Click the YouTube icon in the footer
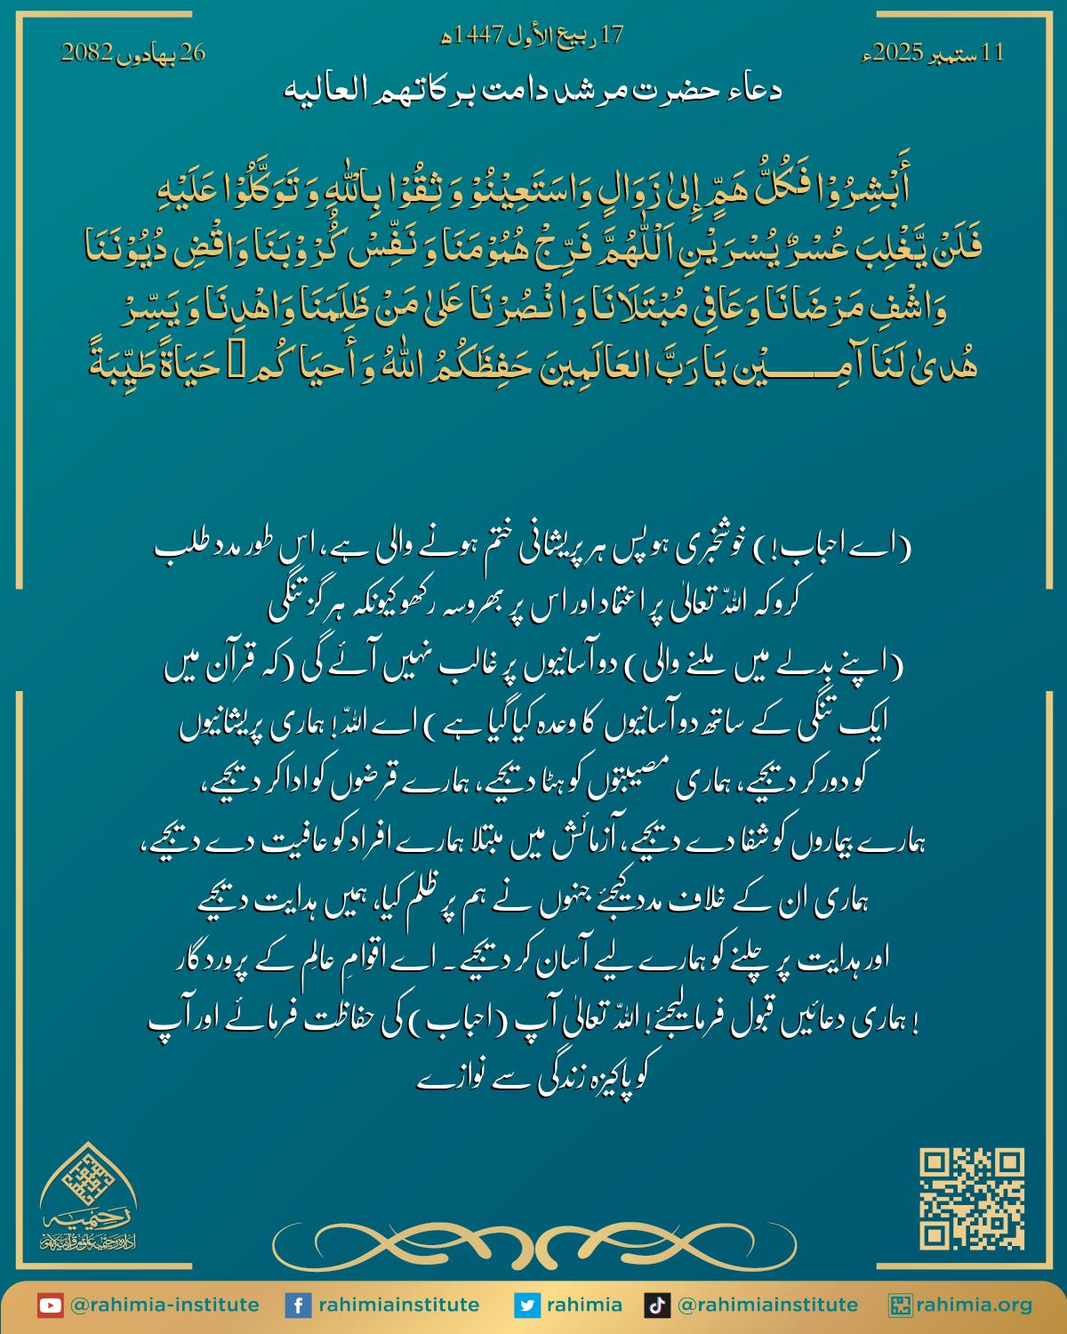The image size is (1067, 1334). coord(50,1306)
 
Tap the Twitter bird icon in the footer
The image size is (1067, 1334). coord(527,1306)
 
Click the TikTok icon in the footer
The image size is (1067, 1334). coord(657,1306)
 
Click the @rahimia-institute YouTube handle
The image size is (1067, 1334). coord(164,1306)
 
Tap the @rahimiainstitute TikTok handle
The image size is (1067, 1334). coord(767,1306)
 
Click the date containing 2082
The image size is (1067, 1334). coord(132,52)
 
